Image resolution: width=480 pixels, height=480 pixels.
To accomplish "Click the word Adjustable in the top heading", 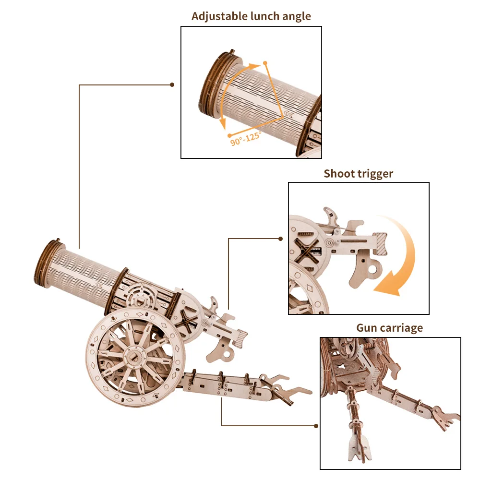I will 218,16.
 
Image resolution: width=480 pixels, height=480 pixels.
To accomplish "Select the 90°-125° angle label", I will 245,139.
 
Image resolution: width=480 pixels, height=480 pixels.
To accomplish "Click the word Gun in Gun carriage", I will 366,328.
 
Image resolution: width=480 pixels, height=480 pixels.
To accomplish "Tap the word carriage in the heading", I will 402,328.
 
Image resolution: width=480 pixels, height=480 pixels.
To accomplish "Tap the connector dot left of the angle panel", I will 172,85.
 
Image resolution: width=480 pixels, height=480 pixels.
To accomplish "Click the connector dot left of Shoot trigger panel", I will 281,238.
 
